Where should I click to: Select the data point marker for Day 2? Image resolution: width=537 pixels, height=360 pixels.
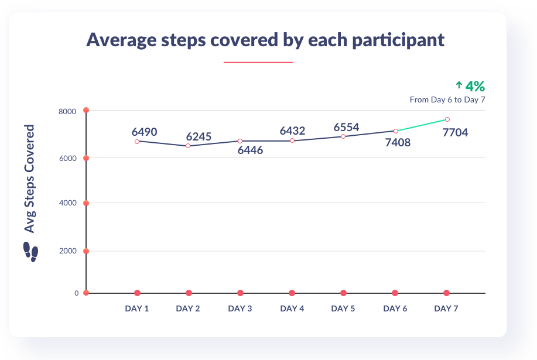click(188, 146)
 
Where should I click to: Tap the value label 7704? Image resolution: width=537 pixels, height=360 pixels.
click(455, 132)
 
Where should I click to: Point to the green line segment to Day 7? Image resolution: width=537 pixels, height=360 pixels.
click(422, 125)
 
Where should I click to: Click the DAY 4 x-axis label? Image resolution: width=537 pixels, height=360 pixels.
click(292, 308)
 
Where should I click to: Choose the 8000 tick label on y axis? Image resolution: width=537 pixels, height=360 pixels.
click(69, 111)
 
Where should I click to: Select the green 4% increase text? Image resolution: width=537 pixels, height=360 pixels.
click(475, 87)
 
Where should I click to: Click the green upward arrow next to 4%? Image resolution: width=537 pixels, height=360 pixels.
click(459, 85)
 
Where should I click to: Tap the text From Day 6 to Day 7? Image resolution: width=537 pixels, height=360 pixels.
click(447, 100)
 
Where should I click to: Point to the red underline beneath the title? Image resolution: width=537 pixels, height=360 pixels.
click(258, 62)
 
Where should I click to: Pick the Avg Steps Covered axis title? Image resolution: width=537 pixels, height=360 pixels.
click(29, 179)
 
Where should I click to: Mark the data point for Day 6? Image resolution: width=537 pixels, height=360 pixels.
click(395, 131)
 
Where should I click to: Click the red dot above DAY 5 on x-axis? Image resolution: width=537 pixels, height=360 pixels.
click(343, 293)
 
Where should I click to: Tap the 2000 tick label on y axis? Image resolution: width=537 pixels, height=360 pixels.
click(69, 251)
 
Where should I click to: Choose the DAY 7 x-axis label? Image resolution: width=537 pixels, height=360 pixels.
click(447, 308)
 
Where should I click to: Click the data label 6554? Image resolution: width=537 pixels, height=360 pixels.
click(346, 128)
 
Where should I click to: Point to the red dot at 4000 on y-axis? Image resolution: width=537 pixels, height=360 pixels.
click(86, 203)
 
